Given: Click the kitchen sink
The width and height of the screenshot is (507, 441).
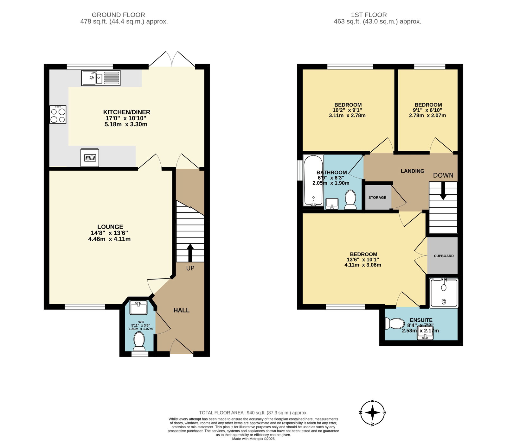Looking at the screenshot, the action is (x=101, y=78).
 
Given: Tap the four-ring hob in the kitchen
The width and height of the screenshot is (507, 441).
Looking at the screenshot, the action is (x=58, y=114).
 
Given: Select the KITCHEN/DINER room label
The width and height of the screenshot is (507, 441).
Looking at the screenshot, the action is (x=127, y=112).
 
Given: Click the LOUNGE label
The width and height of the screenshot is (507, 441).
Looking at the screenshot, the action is (x=110, y=227).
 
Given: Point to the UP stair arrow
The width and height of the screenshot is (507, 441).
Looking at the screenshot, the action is (x=190, y=252).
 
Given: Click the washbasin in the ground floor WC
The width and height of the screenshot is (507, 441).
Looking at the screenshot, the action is (x=138, y=308).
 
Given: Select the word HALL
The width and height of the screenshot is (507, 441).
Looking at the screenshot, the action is (x=182, y=310).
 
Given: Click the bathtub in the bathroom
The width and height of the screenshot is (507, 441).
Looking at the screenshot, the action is (x=313, y=180).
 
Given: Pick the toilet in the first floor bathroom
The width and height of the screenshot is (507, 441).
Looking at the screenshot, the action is (x=350, y=199).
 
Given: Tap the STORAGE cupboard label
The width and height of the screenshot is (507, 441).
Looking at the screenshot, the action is (x=377, y=198).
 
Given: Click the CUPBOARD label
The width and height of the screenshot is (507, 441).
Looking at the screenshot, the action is (x=444, y=256).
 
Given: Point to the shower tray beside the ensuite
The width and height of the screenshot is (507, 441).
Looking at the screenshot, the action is (x=444, y=293).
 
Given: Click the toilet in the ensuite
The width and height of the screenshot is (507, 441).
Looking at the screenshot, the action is (x=395, y=324).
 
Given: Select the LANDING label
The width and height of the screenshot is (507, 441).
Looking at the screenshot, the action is (x=413, y=171).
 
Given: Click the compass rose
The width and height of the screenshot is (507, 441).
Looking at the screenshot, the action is (x=373, y=413).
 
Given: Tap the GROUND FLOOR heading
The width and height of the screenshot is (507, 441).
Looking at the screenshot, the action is (x=118, y=15).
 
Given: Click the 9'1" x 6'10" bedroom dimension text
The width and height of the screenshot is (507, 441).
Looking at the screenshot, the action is (x=427, y=110).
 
